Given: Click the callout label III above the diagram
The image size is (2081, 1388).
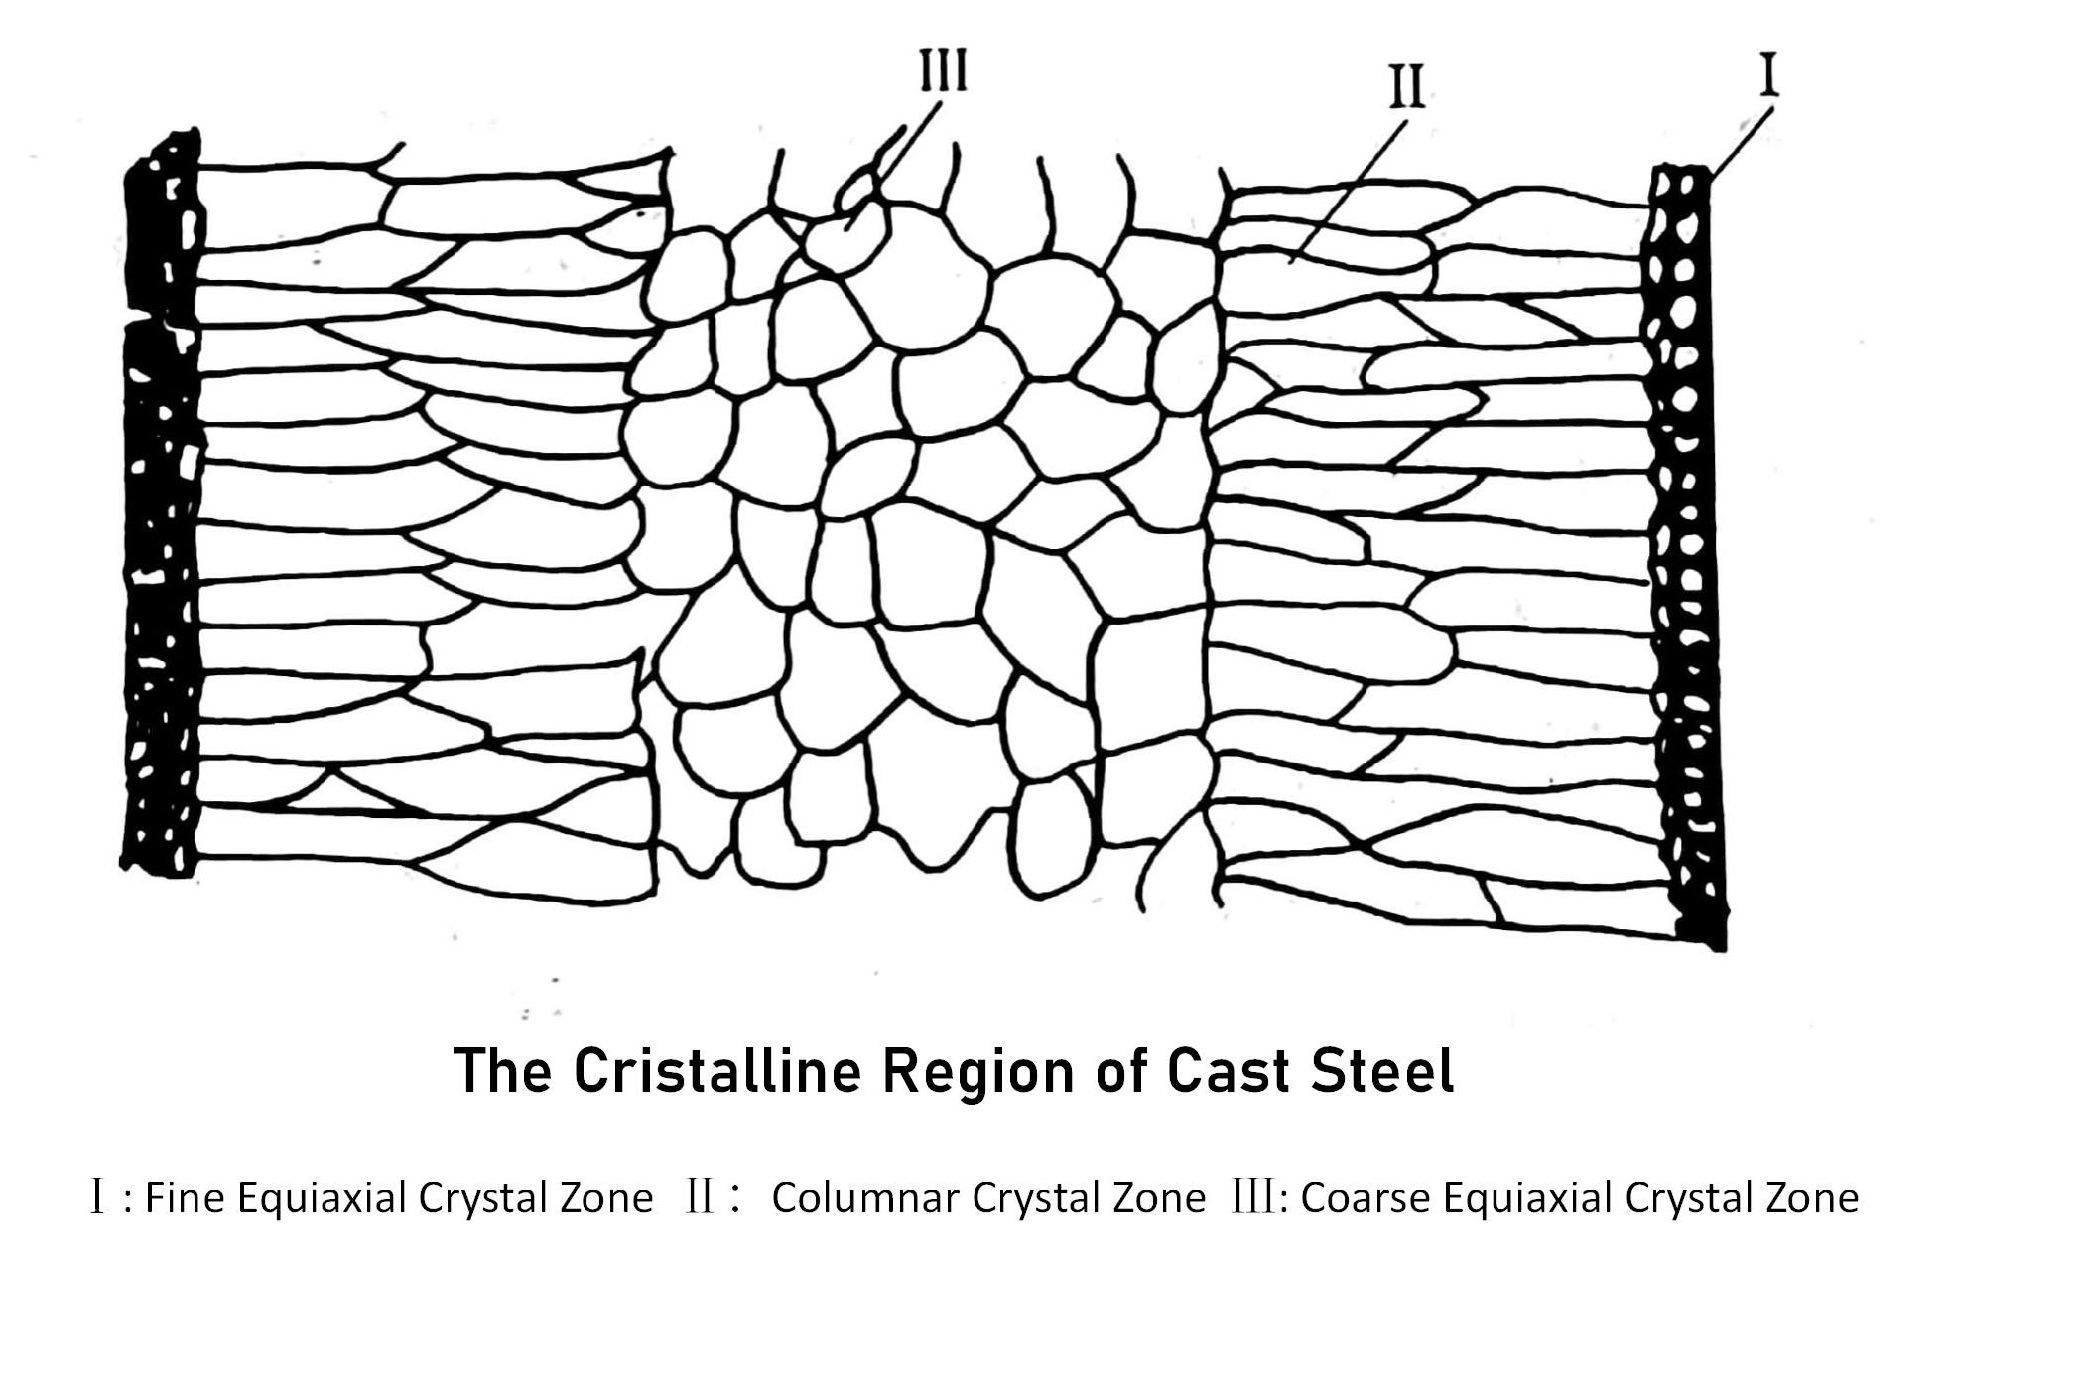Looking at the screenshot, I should tap(942, 71).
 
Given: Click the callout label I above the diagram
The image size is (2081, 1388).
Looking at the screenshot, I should tap(1769, 76).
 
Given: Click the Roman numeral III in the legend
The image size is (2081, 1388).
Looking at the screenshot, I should tap(1252, 1198).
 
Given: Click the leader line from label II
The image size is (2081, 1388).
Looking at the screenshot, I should tap(1350, 189).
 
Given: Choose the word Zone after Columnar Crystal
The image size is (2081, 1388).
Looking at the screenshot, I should tap(1158, 1198).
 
